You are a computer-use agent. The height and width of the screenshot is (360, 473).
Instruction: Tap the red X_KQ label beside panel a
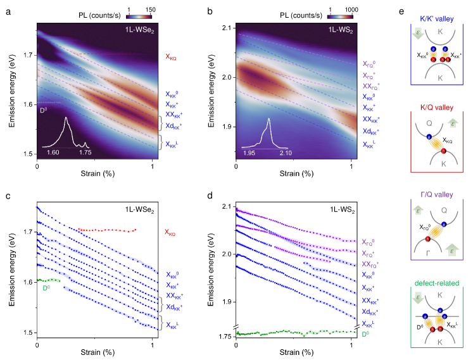pos(172,56)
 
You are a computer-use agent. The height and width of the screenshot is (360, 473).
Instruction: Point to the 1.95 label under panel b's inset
pos(251,152)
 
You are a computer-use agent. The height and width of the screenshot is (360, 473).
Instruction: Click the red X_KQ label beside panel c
pos(172,232)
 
